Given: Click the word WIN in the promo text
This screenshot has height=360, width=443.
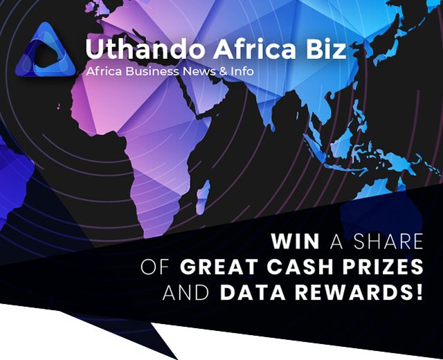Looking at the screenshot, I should [x=296, y=242].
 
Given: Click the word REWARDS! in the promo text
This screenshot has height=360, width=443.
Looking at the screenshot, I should [x=357, y=291].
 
